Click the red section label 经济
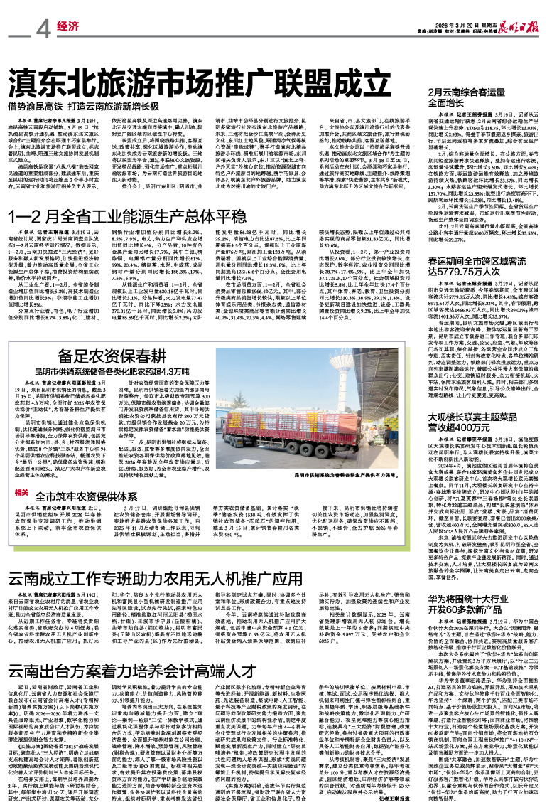pyautogui.click(x=67, y=28)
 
